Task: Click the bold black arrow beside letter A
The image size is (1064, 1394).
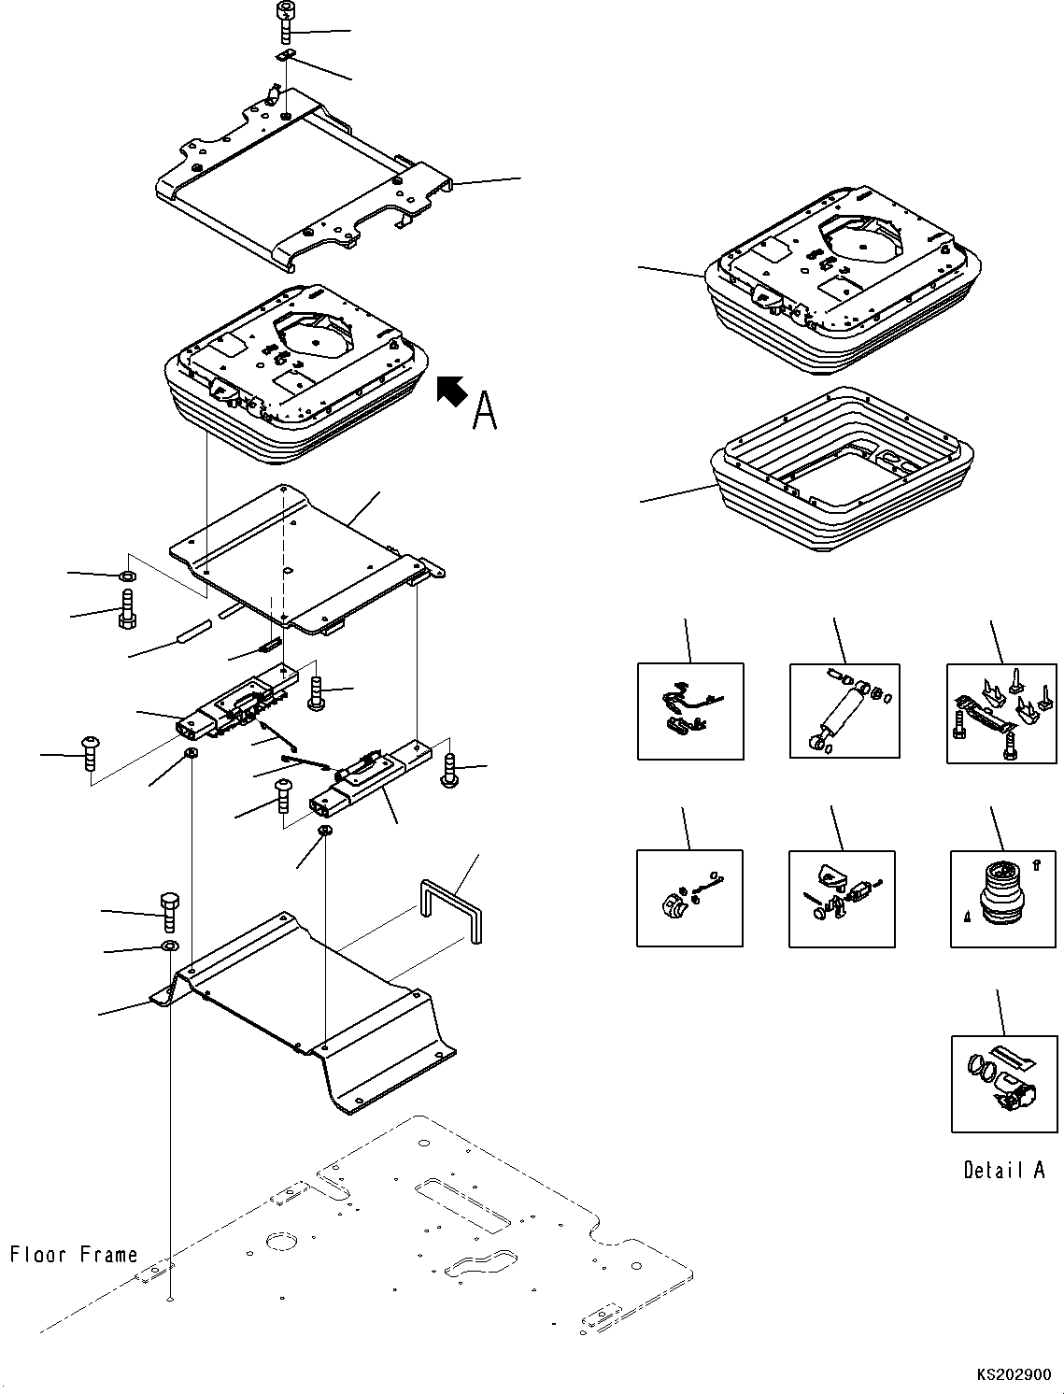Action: [452, 390]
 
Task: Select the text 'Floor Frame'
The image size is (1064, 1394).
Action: [74, 1254]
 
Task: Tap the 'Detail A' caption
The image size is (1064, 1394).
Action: [1004, 1169]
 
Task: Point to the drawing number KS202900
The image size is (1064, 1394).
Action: [1014, 1376]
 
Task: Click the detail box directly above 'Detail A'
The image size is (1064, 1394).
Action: [1004, 1084]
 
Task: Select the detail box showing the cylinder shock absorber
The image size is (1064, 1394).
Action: [844, 712]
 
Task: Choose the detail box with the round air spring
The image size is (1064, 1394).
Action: [1004, 898]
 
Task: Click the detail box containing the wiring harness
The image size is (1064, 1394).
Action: [690, 711]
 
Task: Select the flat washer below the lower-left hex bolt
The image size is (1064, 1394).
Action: [169, 946]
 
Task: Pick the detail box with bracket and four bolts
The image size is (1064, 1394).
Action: [1002, 712]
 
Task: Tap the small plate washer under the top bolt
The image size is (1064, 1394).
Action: [288, 57]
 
